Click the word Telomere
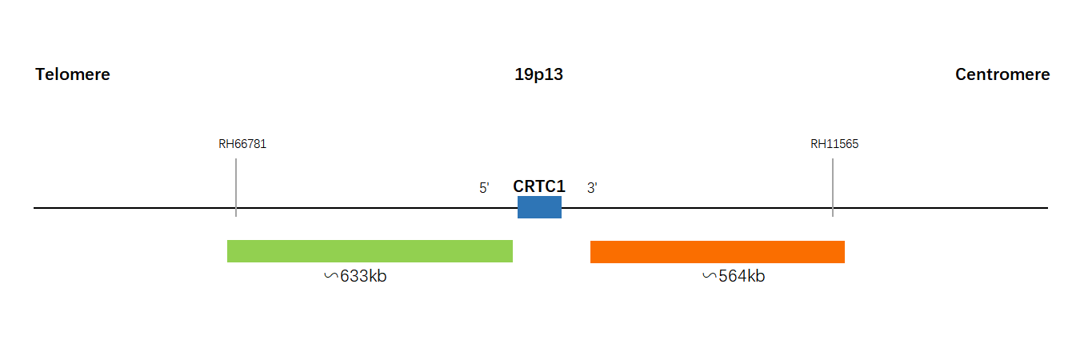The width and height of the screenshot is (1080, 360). click(73, 74)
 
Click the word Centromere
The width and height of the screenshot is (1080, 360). click(1002, 74)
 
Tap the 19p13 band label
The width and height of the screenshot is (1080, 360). click(538, 74)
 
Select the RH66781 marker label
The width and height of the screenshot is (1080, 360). click(242, 144)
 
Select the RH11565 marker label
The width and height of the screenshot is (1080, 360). click(834, 144)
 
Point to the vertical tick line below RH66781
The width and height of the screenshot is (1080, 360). click(236, 187)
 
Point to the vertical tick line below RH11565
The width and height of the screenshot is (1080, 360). click(833, 187)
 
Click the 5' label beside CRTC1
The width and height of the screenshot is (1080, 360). click(484, 188)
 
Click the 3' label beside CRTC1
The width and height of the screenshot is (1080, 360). click(592, 188)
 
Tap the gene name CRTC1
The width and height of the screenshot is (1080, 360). click(539, 186)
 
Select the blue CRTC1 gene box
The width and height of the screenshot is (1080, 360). click(539, 207)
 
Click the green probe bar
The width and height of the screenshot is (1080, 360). click(370, 251)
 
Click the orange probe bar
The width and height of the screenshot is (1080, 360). click(718, 252)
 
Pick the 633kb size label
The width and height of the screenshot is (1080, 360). click(363, 276)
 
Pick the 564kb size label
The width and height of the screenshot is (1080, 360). click(742, 276)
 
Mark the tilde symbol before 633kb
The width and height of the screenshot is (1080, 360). click(331, 276)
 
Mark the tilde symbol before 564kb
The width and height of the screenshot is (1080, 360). click(710, 276)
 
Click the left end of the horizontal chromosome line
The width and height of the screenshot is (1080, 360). click(34, 208)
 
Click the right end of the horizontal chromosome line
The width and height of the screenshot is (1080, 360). click(1048, 208)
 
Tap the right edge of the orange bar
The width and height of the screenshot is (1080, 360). click(844, 252)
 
